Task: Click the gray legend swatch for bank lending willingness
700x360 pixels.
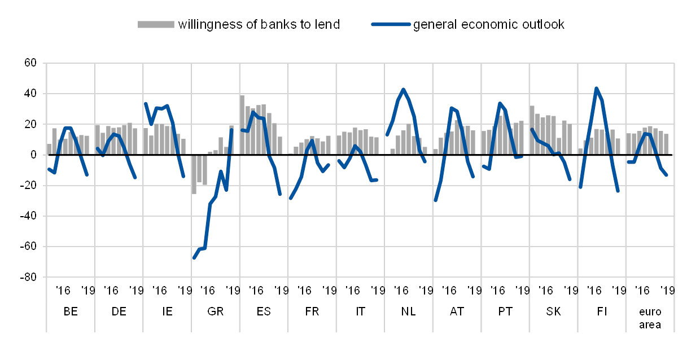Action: (x=156, y=24)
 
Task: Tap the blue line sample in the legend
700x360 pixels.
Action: (x=390, y=24)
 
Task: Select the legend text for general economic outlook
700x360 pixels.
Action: (x=488, y=25)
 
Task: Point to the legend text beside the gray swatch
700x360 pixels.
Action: (x=258, y=25)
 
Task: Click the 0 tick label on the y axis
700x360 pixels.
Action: (x=33, y=154)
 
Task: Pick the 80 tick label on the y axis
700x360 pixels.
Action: (x=32, y=63)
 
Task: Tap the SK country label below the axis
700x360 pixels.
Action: (x=553, y=311)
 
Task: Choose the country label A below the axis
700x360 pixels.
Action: (x=453, y=311)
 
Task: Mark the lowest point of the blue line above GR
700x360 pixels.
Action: (x=194, y=258)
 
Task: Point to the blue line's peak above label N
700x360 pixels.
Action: (x=403, y=89)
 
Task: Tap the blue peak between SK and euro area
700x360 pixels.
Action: (x=596, y=88)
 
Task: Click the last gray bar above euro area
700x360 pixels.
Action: (x=666, y=144)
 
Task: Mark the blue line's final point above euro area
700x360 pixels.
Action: (x=667, y=175)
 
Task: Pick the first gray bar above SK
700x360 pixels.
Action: (x=532, y=130)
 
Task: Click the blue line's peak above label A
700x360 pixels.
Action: (x=451, y=108)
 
